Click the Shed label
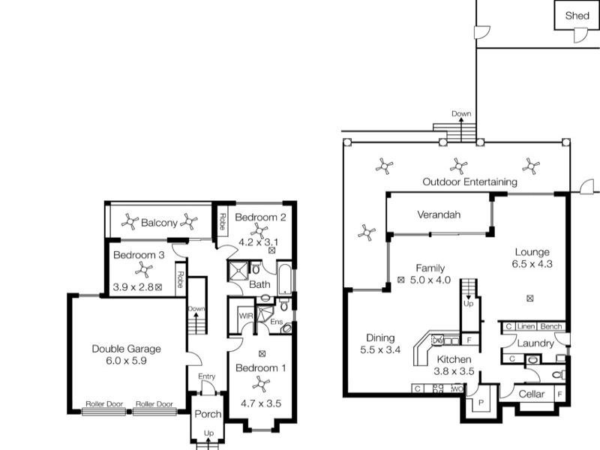click(577, 15)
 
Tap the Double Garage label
click(126, 349)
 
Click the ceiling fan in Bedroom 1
click(261, 383)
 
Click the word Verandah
click(439, 215)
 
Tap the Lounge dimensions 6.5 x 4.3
click(532, 264)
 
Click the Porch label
click(208, 415)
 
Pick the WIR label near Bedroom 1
click(244, 316)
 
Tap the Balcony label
click(159, 223)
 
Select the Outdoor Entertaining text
click(469, 181)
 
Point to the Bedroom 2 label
click(260, 217)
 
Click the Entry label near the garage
click(207, 376)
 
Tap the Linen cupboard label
click(526, 326)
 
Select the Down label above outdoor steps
click(461, 114)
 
